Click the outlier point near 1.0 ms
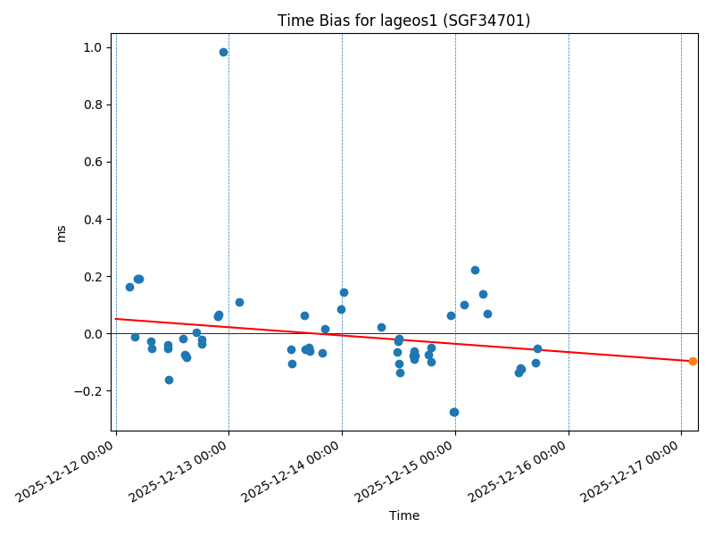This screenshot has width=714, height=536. tap(223, 52)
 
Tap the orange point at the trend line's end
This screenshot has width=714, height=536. tap(693, 361)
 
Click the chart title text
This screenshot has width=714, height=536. tap(403, 21)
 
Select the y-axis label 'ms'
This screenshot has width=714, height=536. tap(61, 233)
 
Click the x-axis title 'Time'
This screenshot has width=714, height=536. tap(403, 515)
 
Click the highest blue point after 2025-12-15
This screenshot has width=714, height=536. tap(475, 270)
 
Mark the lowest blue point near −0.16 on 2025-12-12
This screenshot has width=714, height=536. tap(169, 380)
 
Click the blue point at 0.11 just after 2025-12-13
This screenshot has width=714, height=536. tap(239, 302)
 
